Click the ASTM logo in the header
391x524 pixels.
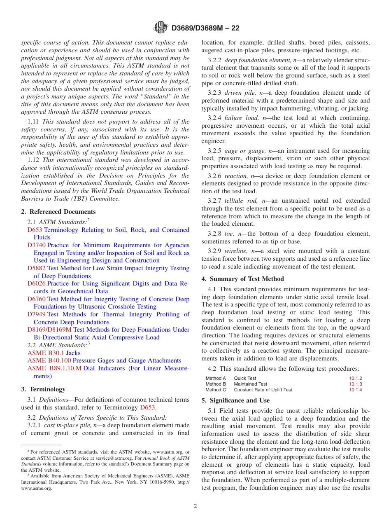coord(161,28)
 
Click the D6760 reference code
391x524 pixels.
coord(37,299)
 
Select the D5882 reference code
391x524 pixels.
coord(37,268)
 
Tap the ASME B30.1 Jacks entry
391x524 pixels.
coord(54,353)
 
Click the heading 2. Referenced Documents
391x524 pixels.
coord(58,212)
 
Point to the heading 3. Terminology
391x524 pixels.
coord(43,389)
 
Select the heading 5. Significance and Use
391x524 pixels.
coord(235,400)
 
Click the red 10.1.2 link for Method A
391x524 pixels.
coord(355,378)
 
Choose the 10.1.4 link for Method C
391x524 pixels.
coord(355,390)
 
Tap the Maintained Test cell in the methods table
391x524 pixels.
coord(250,384)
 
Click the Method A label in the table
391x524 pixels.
coord(216,378)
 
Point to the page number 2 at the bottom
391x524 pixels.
coord(195,506)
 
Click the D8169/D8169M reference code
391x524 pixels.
coord(49,330)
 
